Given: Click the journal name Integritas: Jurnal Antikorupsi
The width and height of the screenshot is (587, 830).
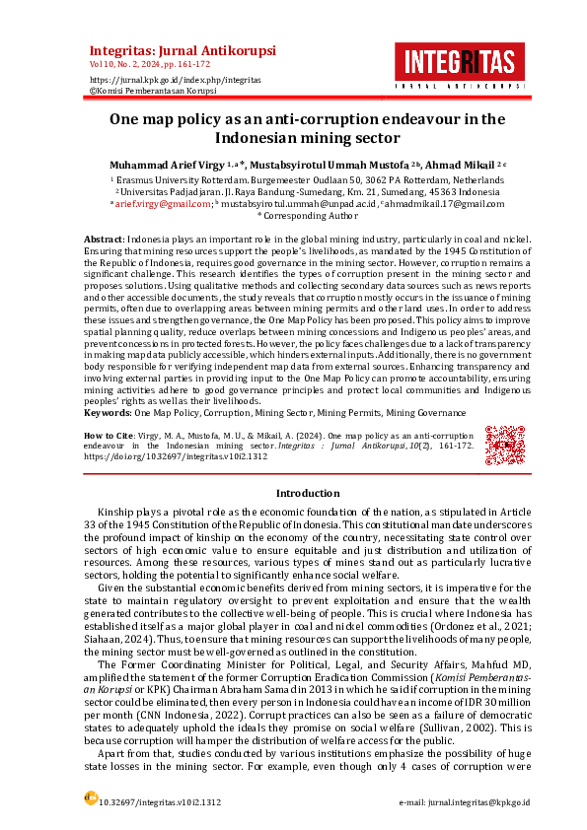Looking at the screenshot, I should (183, 50).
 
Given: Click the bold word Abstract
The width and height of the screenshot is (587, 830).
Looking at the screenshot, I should (104, 240).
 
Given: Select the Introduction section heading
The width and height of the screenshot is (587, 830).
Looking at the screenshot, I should (307, 493).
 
